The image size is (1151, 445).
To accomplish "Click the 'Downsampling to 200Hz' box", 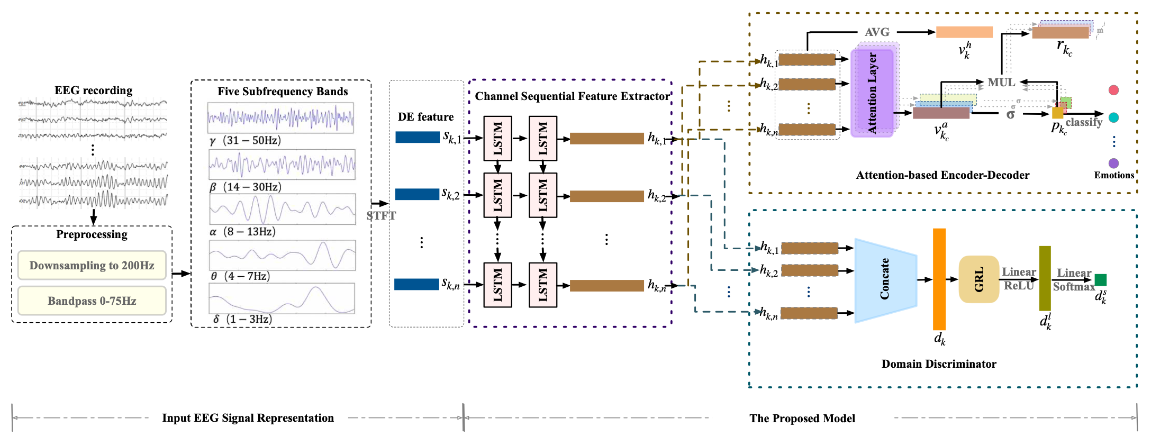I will point(92,265).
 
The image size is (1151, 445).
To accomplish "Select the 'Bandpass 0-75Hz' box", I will point(92,301).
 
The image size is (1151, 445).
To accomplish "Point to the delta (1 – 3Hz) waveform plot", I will point(282,298).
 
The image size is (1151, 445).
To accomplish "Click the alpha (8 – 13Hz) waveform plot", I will point(282,209).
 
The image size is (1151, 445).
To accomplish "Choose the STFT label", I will point(381,215).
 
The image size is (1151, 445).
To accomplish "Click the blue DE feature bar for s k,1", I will point(417,137).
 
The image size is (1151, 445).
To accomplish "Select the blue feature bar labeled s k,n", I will point(417,284).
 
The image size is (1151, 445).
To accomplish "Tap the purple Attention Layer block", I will point(872,93).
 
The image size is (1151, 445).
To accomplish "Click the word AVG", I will point(877,32).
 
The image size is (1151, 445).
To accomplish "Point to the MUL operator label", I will point(1001,83).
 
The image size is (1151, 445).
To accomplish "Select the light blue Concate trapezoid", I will point(885,279).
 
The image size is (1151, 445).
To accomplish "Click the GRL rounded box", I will point(978,279).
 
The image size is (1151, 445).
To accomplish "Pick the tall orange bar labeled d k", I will point(939,279).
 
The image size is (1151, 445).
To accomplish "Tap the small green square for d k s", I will point(1101,279).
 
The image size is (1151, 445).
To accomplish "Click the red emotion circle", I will point(1113,90).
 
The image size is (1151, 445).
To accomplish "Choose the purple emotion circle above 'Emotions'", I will point(1113,163).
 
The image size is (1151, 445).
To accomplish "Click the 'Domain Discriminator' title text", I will point(939,364).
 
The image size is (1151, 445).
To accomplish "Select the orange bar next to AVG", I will point(964,32).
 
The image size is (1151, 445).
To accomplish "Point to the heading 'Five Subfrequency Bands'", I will point(283,92).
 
